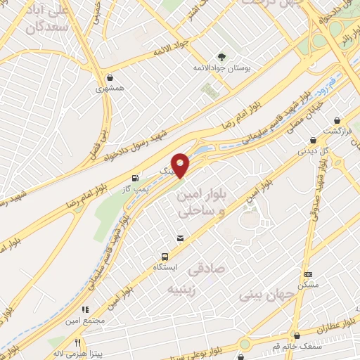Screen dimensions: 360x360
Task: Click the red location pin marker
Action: [181, 165]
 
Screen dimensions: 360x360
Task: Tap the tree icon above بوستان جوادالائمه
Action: [222, 58]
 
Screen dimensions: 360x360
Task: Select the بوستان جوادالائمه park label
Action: [222, 70]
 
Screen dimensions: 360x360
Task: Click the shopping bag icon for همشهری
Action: [109, 78]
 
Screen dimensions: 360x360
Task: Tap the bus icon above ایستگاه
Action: [165, 257]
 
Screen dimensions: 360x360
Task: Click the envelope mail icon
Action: [181, 239]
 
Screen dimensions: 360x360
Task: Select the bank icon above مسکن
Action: [308, 274]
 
